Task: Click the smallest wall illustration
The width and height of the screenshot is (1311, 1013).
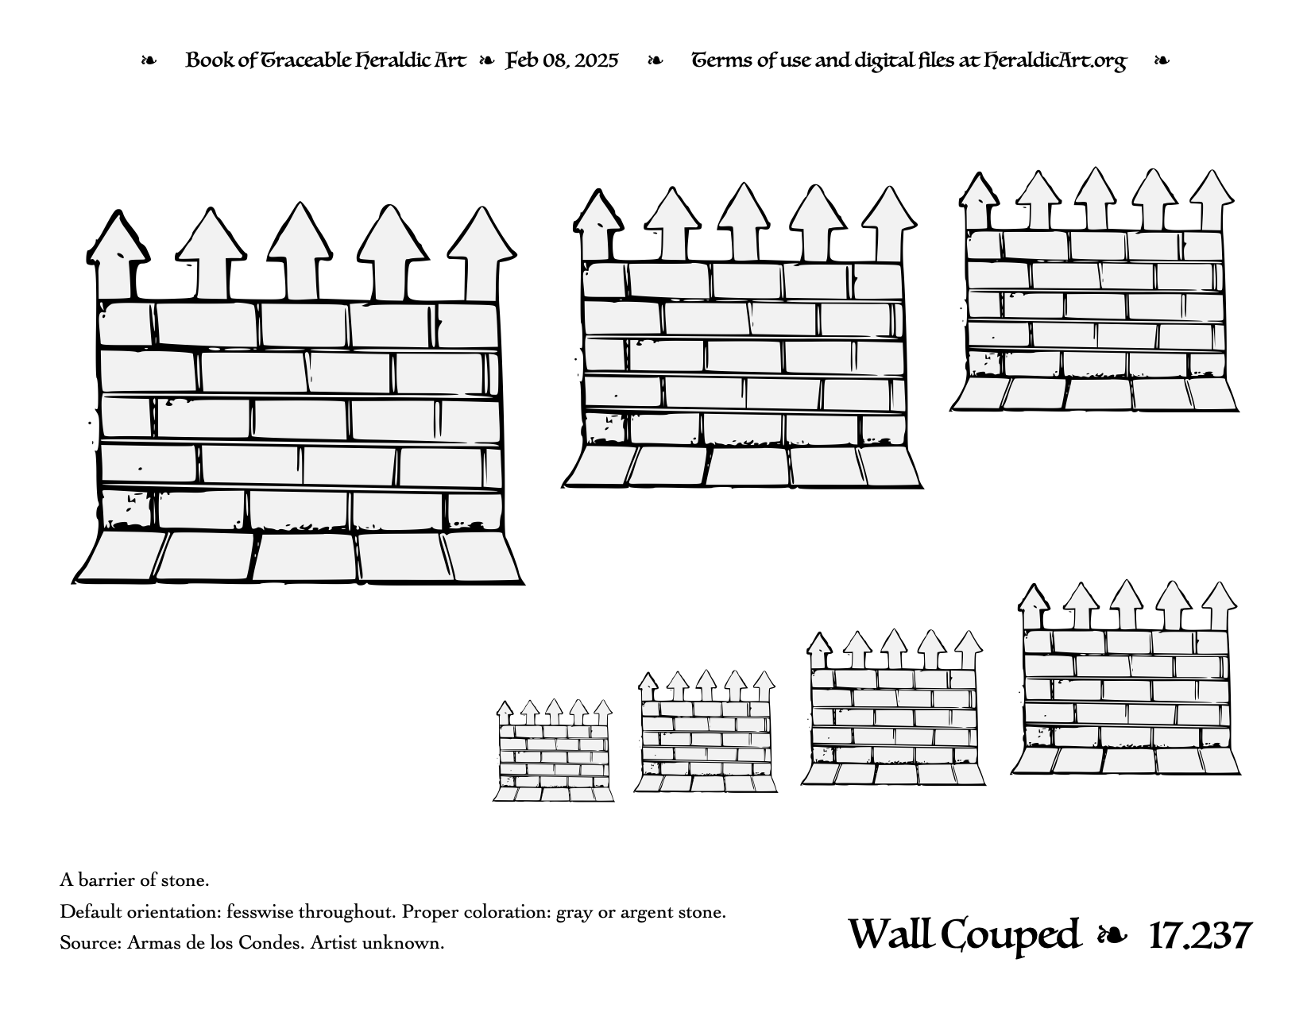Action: [553, 751]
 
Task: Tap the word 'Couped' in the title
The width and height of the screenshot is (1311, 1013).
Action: [1009, 937]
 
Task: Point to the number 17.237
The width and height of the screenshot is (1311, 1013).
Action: [1201, 936]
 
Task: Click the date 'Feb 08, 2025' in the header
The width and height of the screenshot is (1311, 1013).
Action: [562, 60]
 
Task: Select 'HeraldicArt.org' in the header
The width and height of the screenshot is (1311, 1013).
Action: [1055, 61]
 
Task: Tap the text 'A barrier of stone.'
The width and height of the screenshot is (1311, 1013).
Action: [134, 880]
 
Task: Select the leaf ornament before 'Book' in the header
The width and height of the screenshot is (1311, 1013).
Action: [149, 60]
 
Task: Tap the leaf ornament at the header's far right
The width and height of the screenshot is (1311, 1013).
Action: [1162, 60]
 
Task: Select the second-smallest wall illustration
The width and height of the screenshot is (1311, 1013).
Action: [706, 731]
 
